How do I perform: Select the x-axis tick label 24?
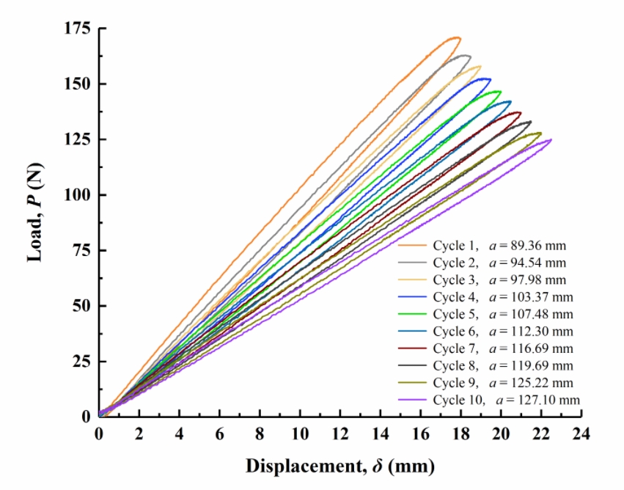coord(581,434)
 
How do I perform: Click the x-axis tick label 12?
coord(340,434)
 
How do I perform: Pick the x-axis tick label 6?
coord(219,434)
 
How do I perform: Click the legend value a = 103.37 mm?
coord(531,297)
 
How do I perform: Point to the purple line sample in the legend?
coord(412,401)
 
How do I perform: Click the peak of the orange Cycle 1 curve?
coord(455,37)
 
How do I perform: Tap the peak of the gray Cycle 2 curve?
coord(464,55)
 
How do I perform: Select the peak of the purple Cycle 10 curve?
coord(549,140)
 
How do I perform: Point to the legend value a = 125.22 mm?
coord(531,383)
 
